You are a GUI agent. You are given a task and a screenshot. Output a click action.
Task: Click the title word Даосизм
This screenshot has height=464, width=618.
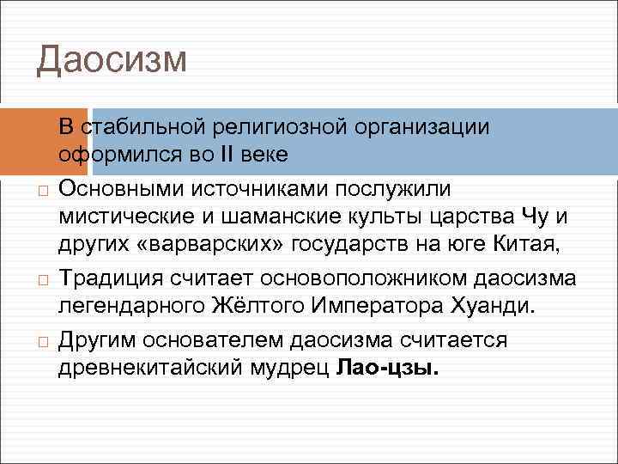pyautogui.click(x=112, y=59)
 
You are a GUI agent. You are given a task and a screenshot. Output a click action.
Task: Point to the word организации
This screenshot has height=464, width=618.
pyautogui.click(x=418, y=127)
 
